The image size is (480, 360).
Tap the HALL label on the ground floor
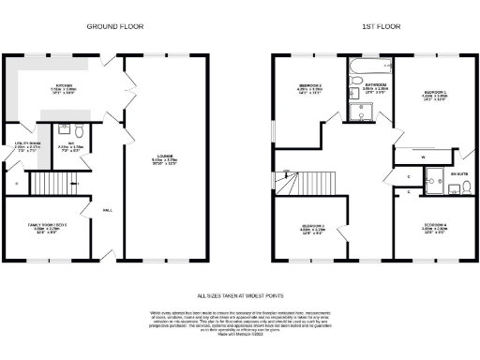107,209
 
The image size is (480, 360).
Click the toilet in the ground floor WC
79,130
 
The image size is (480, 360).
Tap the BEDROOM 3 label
310,90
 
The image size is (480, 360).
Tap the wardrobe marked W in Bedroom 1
424,157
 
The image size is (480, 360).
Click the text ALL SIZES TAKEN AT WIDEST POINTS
240,292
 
